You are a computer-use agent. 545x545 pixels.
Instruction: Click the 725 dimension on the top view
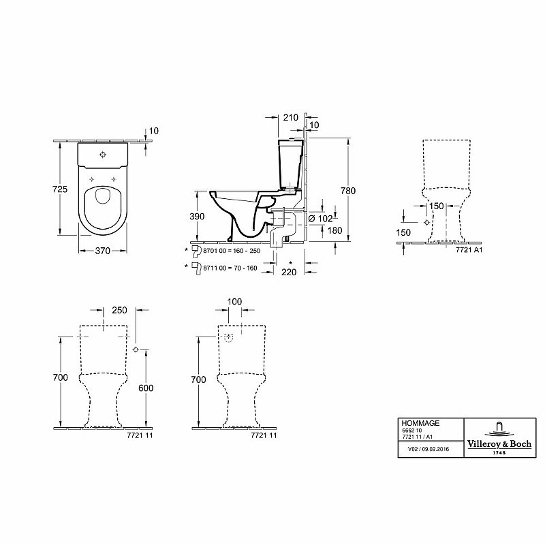60,189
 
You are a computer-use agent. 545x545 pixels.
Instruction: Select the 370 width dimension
103,251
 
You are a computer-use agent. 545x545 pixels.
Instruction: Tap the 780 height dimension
348,191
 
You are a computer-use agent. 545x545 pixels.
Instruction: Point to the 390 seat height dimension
197,217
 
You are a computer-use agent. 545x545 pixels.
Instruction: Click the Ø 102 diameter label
320,219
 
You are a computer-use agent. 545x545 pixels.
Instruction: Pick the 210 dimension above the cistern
291,117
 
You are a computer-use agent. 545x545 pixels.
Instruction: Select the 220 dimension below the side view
289,272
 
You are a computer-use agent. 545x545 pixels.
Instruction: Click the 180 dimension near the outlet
334,230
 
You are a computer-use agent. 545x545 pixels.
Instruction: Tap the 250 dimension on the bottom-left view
119,310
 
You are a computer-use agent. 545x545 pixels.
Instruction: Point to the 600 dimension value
146,388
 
